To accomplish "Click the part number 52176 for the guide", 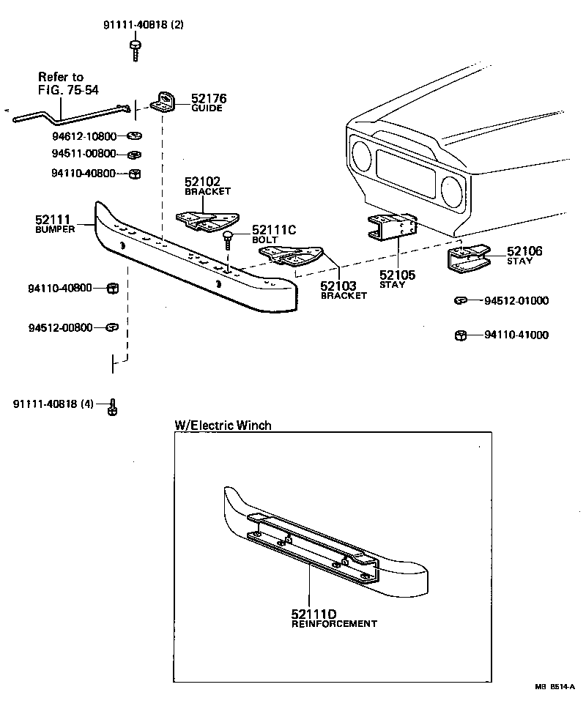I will point(209,98).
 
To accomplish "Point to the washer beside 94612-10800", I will point(134,136).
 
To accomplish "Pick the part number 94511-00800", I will point(83,154).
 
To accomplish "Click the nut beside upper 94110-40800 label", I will point(134,174).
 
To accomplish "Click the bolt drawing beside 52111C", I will point(229,238).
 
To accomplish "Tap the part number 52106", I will point(524,251).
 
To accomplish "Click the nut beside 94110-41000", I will point(461,335).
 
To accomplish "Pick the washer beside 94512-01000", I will point(461,300).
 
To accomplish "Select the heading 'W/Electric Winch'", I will point(223,425).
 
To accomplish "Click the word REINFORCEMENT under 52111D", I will point(334,624).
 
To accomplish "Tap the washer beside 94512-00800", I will point(112,327).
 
